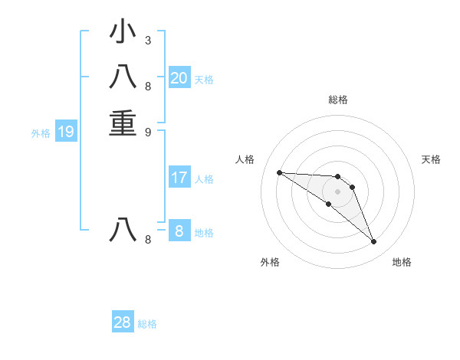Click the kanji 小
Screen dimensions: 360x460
[123, 32]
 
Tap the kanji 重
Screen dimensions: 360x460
[123, 123]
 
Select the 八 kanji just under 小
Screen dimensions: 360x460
[123, 78]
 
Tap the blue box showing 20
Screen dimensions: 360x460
[179, 77]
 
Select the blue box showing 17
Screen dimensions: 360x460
[179, 178]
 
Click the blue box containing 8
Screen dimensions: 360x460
[179, 231]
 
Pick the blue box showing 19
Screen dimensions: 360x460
[66, 132]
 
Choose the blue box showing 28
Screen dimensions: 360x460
[123, 322]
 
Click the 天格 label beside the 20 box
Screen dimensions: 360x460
[204, 79]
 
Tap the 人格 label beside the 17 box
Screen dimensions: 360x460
[204, 179]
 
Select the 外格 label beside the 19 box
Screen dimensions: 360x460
[41, 133]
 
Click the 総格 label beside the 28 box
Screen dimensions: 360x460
[147, 324]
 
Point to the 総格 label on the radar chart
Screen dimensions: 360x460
[337, 100]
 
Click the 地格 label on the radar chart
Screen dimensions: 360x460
[402, 262]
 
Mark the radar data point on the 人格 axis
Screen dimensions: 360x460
[280, 172]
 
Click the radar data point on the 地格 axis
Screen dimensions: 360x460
[373, 242]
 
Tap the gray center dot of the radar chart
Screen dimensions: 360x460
[337, 191]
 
